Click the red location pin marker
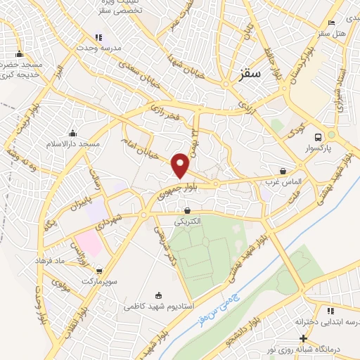tap(181, 166)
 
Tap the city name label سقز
tap(250, 72)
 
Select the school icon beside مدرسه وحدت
tap(100, 37)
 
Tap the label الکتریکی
tap(186, 221)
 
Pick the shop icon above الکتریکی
tap(187, 210)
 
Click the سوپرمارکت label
tap(99, 280)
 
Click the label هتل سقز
tap(331, 33)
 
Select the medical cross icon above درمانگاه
tap(302, 338)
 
